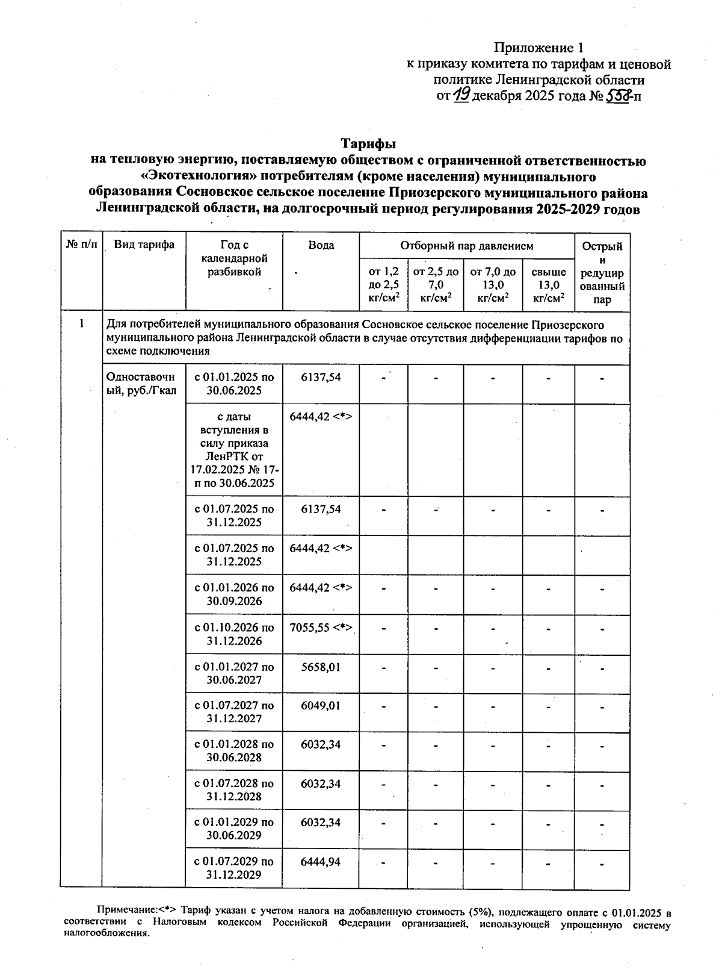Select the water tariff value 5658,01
click(x=321, y=667)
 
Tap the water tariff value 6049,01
click(x=321, y=705)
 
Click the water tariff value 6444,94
click(x=321, y=862)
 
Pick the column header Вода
click(x=321, y=245)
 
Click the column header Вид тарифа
click(x=144, y=245)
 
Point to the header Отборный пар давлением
click(x=467, y=246)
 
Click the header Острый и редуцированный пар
click(x=602, y=272)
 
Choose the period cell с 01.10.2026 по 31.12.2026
click(x=234, y=634)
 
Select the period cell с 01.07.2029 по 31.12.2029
click(x=234, y=868)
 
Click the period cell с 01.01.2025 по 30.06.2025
click(x=234, y=384)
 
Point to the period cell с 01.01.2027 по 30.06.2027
click(x=234, y=673)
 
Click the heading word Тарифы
click(x=368, y=144)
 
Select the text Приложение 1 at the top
click(x=538, y=48)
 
